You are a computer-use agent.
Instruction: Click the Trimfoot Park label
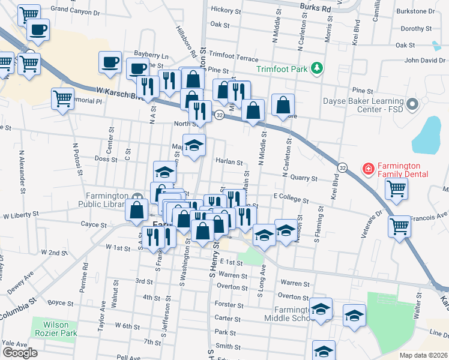[282, 69]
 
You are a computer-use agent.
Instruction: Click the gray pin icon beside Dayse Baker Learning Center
[412, 105]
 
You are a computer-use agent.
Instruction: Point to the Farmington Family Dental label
[402, 170]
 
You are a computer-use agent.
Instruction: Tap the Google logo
[20, 353]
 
